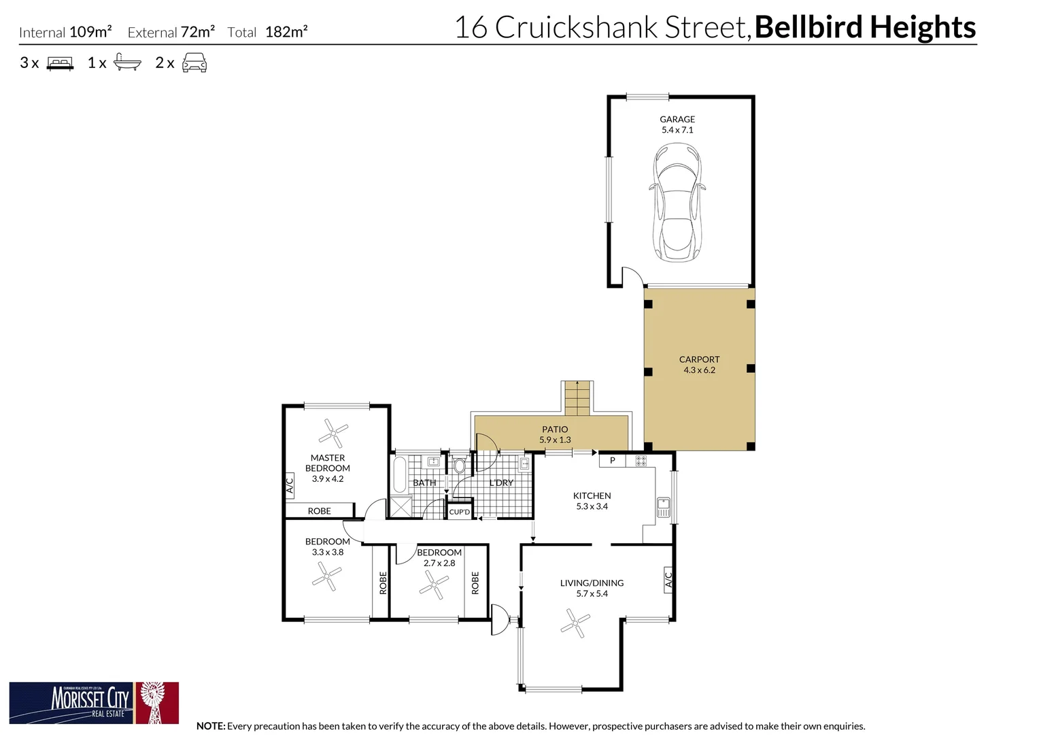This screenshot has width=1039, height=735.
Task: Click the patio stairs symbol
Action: click(577, 398)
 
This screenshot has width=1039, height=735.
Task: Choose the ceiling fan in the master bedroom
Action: click(333, 433)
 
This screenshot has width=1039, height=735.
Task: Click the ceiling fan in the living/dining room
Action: click(575, 623)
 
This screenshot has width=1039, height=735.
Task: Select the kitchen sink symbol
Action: click(663, 507)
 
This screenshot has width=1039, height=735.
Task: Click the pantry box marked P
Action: click(613, 461)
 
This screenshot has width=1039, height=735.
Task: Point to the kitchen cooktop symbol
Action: click(641, 461)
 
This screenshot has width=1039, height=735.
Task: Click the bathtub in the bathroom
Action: click(400, 474)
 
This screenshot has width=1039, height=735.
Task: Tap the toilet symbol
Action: click(459, 466)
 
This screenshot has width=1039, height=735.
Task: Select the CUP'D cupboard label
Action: click(460, 512)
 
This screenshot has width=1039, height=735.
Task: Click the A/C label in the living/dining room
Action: click(668, 580)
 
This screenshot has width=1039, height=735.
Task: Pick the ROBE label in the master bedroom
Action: click(320, 511)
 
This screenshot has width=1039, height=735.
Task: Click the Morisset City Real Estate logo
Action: click(94, 702)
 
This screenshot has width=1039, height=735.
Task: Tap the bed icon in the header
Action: click(60, 64)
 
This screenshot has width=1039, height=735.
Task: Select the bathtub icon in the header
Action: click(127, 63)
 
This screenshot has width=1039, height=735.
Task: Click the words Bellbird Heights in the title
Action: click(865, 27)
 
